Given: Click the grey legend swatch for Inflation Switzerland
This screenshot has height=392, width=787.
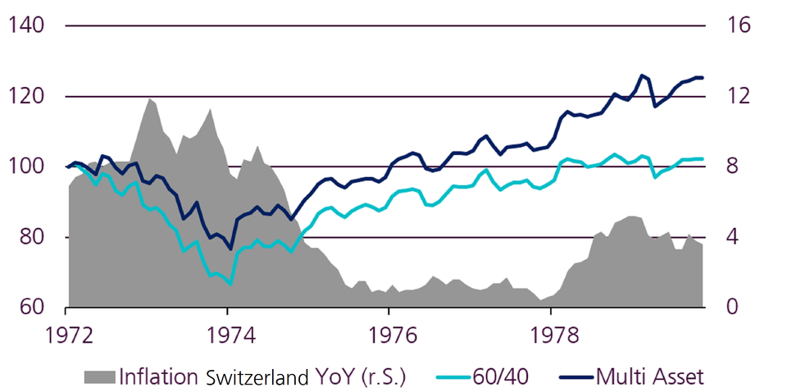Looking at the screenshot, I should click(99, 376).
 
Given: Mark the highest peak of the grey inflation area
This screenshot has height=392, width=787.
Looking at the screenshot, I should click(150, 98).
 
